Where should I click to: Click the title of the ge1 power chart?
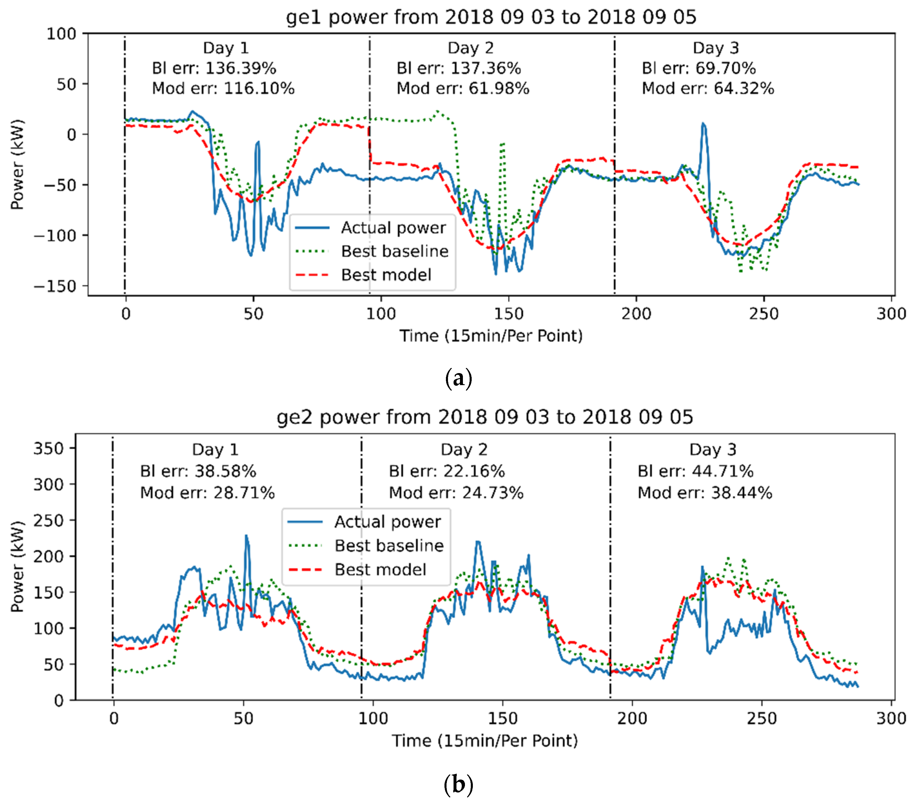pyautogui.click(x=491, y=17)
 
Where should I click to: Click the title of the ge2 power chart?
pyautogui.click(x=485, y=417)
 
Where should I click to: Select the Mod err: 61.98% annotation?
pyautogui.click(x=463, y=88)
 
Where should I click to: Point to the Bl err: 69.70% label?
pyautogui.click(x=698, y=68)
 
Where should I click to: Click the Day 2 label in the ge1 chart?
pyautogui.click(x=471, y=48)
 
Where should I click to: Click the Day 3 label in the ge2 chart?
pyautogui.click(x=713, y=449)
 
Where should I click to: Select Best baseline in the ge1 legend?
pyautogui.click(x=394, y=251)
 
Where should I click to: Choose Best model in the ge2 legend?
pyautogui.click(x=380, y=570)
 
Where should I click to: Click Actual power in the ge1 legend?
pyautogui.click(x=393, y=228)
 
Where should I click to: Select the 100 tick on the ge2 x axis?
pyautogui.click(x=373, y=718)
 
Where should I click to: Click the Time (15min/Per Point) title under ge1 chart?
pyautogui.click(x=491, y=336)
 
